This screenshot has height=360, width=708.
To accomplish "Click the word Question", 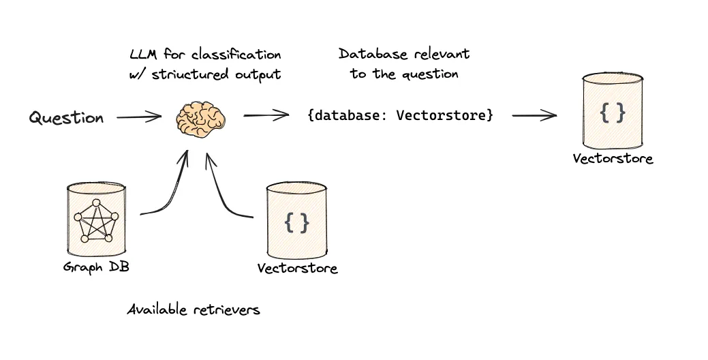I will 66,118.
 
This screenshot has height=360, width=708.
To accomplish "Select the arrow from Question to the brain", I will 139,118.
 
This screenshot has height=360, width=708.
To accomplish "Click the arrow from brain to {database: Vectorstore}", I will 266,116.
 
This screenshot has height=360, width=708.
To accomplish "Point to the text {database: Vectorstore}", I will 400,115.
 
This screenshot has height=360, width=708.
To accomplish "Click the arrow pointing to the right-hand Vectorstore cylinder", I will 534,116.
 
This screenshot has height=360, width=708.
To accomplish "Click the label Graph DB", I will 96,267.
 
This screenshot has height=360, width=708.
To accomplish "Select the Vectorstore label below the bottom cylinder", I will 297,268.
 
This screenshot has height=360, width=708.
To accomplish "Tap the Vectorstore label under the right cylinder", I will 613,159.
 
